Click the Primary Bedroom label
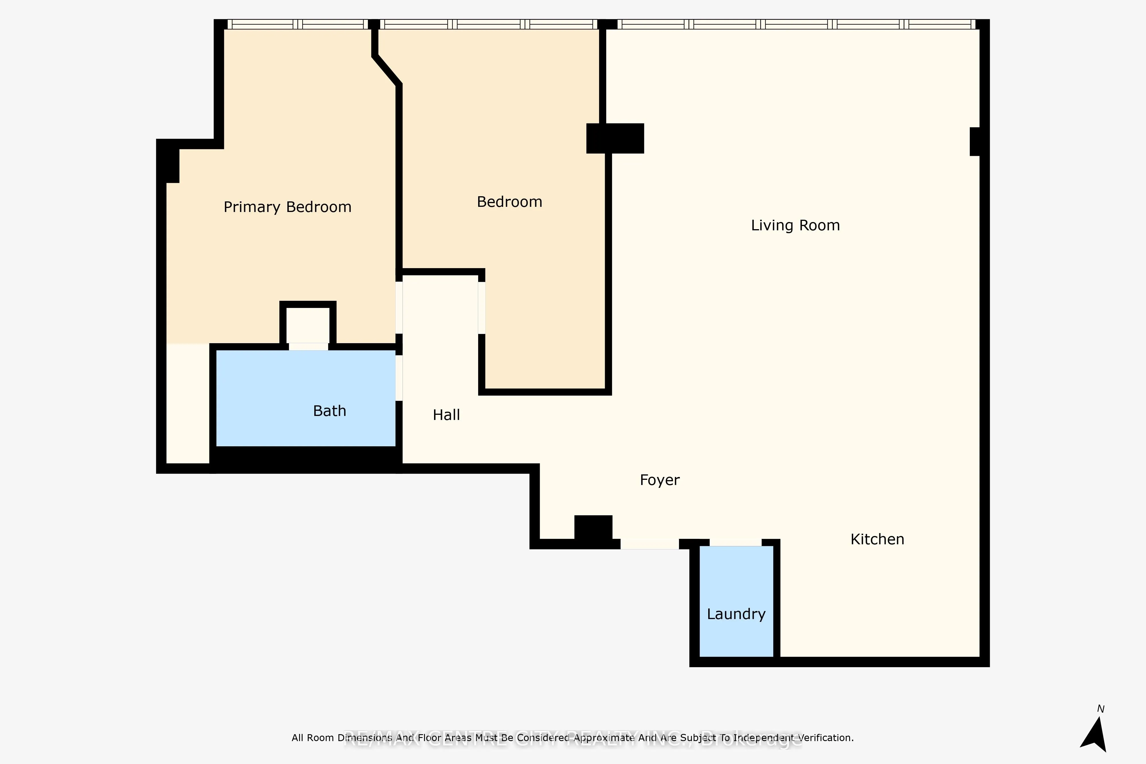pos(287,207)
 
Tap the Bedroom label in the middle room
pos(509,202)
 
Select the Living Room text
pos(795,225)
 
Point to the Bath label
pos(329,411)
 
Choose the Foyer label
pos(659,480)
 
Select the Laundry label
pos(736,614)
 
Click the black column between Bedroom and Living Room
pos(615,138)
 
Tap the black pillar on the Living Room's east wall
pos(975,141)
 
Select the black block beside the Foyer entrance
pos(593,527)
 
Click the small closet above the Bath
pos(307,325)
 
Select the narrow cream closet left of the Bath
pos(188,403)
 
